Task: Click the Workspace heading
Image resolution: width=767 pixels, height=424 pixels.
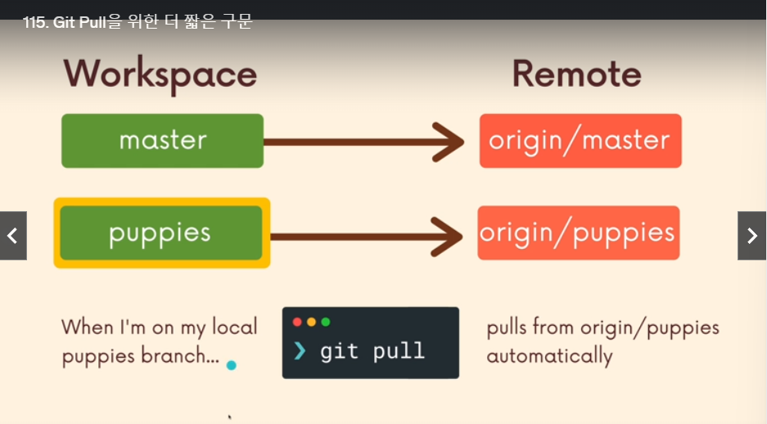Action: [160, 74]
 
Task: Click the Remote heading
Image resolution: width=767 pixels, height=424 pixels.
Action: [577, 74]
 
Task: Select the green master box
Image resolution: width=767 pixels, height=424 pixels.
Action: [162, 141]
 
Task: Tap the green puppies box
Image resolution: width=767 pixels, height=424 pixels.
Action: [161, 232]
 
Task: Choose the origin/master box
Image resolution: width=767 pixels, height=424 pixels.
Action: [580, 141]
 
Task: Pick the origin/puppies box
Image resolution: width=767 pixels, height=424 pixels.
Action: [579, 232]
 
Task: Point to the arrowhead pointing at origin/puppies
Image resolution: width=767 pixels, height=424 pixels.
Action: [447, 237]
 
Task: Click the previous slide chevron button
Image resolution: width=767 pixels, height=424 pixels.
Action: [13, 236]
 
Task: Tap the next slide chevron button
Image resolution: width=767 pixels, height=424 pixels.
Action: [751, 236]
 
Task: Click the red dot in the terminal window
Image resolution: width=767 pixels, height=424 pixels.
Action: [297, 322]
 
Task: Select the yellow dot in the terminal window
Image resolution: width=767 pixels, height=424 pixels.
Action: [312, 322]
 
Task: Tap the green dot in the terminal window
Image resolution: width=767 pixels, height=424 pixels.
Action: [326, 322]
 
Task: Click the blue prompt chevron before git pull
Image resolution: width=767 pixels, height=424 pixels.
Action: [300, 350]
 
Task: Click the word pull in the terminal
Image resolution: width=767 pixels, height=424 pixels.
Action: [398, 351]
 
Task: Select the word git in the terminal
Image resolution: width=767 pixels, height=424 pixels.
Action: [339, 351]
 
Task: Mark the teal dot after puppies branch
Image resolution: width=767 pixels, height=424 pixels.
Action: [232, 365]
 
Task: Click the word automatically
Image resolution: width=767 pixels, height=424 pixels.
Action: [549, 356]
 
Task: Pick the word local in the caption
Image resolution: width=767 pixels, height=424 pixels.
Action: [235, 327]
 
